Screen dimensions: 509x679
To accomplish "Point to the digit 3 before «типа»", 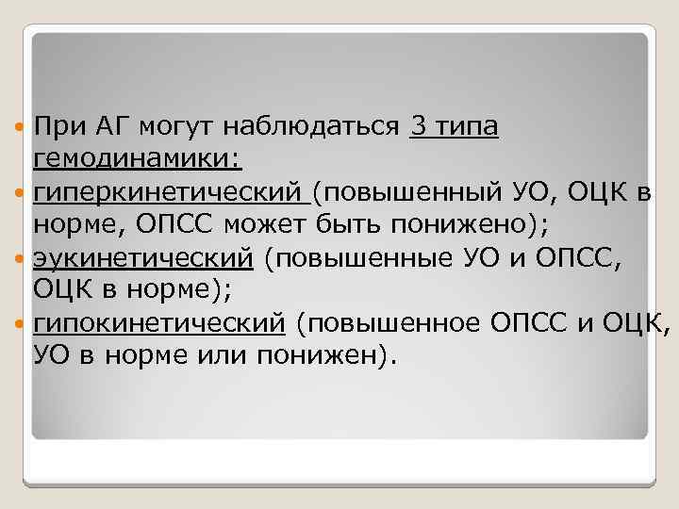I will (x=418, y=123).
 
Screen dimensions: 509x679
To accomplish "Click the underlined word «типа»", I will (x=464, y=123).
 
